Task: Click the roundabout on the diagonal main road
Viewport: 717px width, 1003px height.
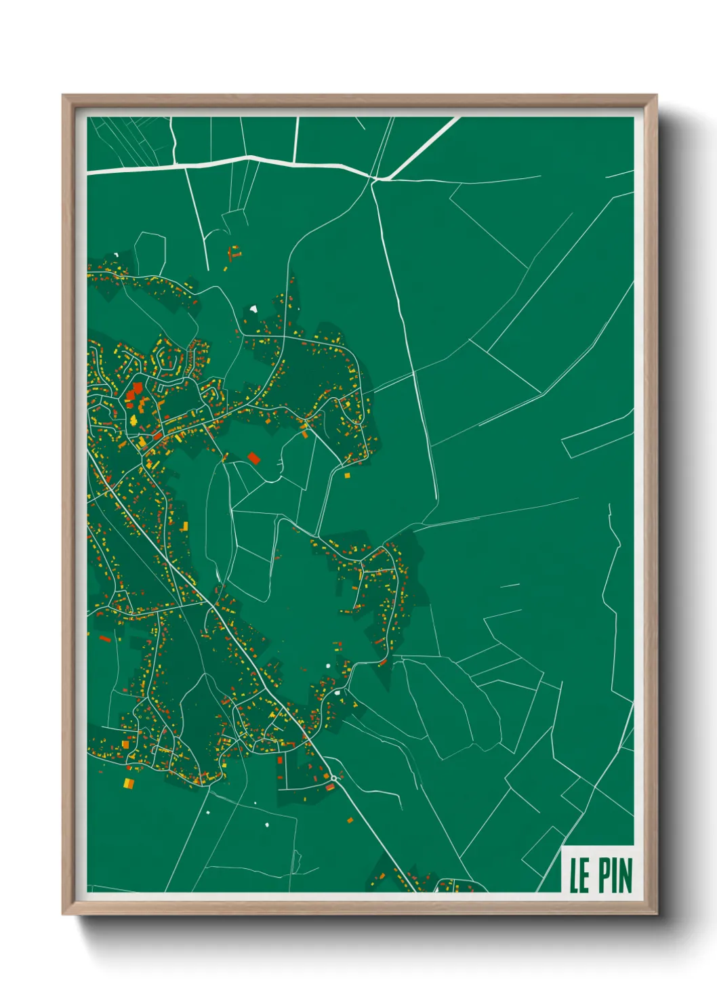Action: coord(333,778)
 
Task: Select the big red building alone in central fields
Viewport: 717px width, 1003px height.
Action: coord(254,458)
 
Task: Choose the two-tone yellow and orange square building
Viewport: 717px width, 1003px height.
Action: coord(128,783)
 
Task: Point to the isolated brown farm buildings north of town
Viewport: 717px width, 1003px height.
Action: coord(233,253)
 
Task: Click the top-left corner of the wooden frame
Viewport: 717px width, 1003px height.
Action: coord(64,96)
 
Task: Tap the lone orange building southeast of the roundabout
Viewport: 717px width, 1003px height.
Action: coord(350,820)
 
